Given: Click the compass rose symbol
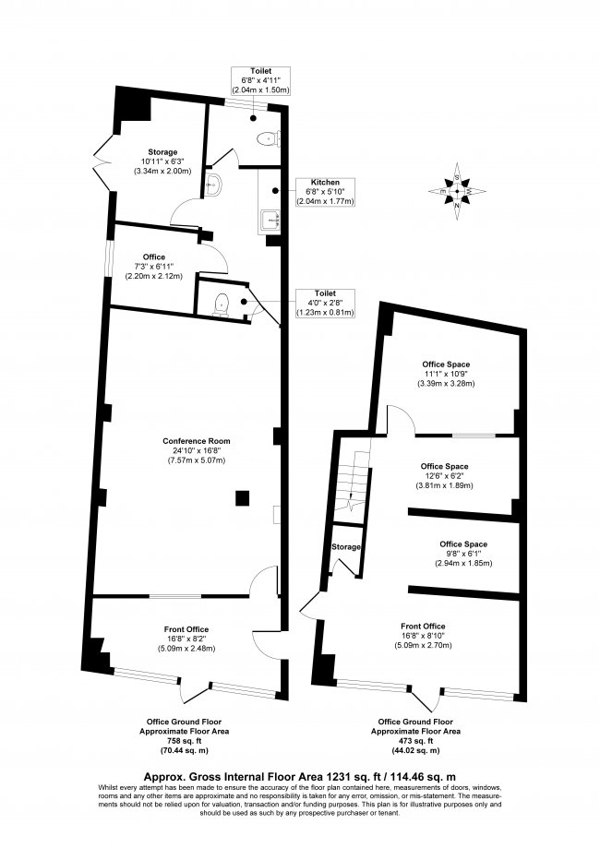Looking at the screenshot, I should click(456, 191).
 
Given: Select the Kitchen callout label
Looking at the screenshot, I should click(323, 191).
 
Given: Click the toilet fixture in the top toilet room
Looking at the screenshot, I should click(266, 139).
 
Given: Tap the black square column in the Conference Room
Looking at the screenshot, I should click(241, 498).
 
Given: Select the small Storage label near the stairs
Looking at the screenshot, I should click(346, 547).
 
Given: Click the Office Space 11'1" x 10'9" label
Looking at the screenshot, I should click(446, 374).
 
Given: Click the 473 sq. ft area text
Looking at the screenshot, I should click(415, 741).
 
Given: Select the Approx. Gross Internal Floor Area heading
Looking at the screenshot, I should click(300, 777).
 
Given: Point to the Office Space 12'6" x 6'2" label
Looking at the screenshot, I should click(444, 475).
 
